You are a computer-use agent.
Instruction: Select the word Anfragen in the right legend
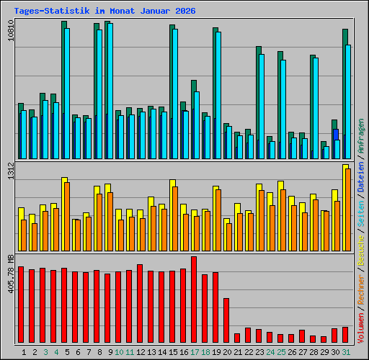[361, 136]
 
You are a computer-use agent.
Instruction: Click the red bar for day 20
[226, 320]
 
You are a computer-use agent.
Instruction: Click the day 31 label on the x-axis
[346, 352]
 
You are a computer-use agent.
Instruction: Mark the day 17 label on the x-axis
[195, 352]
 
